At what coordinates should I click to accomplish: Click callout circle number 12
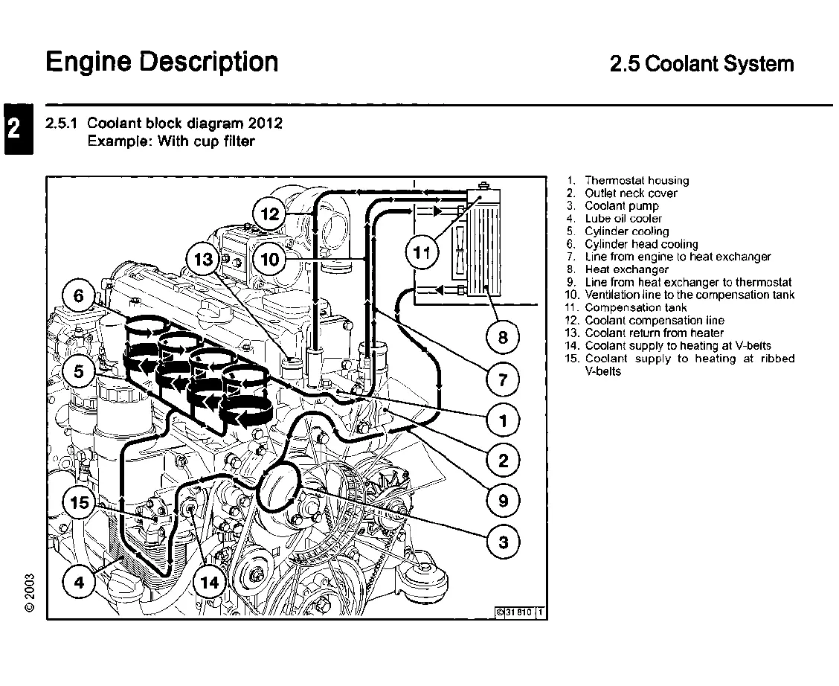(x=270, y=215)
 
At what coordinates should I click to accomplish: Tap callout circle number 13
(x=204, y=260)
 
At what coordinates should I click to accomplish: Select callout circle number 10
(x=270, y=260)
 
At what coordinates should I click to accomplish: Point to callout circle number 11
(x=422, y=253)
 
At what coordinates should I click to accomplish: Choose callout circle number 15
(x=79, y=503)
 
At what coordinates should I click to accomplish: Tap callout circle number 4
(x=79, y=583)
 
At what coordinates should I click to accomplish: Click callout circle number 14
(x=210, y=583)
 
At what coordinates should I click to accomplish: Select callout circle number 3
(x=504, y=542)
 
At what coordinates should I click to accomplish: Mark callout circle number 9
(x=504, y=501)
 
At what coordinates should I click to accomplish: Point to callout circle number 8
(x=504, y=339)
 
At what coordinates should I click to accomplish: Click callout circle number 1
(x=504, y=421)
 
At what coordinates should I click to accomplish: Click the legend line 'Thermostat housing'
(x=636, y=181)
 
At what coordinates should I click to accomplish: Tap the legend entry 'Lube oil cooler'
(x=623, y=219)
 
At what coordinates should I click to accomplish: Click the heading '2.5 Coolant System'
(x=701, y=64)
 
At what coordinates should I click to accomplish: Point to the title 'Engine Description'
(x=162, y=62)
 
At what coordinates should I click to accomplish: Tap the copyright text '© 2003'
(x=29, y=592)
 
